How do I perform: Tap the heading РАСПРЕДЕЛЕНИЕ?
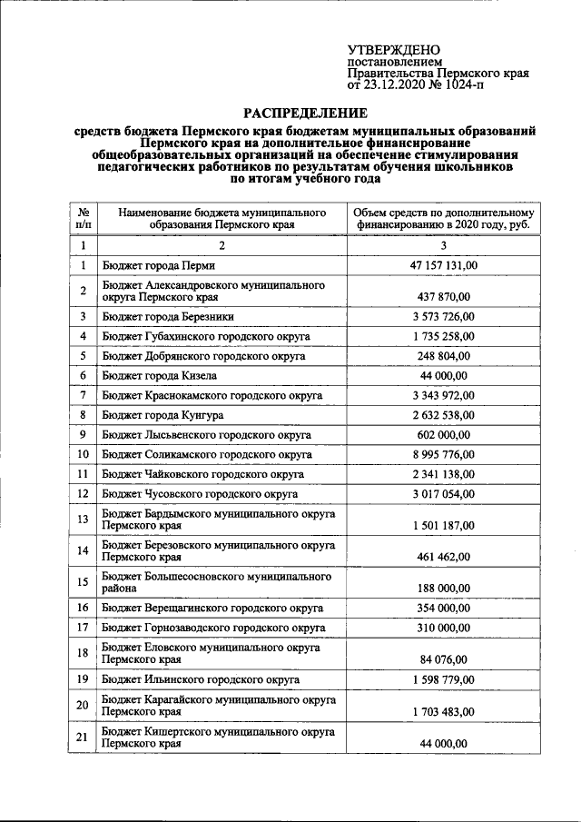click(x=304, y=113)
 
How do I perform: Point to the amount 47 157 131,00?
click(x=444, y=265)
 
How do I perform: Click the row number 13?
click(x=83, y=520)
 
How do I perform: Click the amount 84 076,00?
click(x=444, y=659)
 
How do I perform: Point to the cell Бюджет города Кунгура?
click(x=163, y=414)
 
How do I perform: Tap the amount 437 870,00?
click(x=444, y=296)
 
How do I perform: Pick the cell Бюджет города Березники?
click(x=169, y=316)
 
